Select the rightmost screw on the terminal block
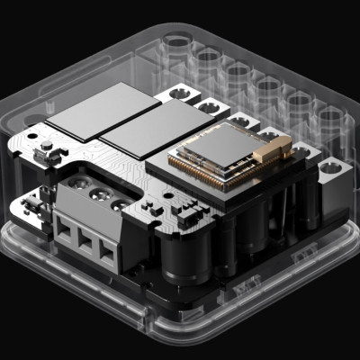click(118, 205)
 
